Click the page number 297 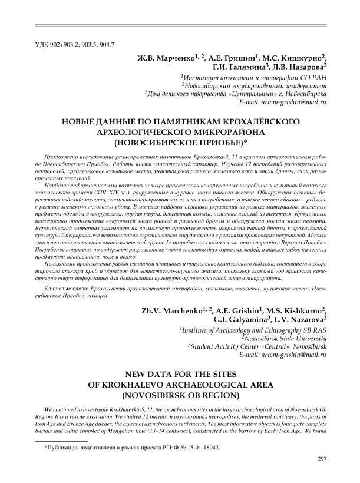click(322, 459)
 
